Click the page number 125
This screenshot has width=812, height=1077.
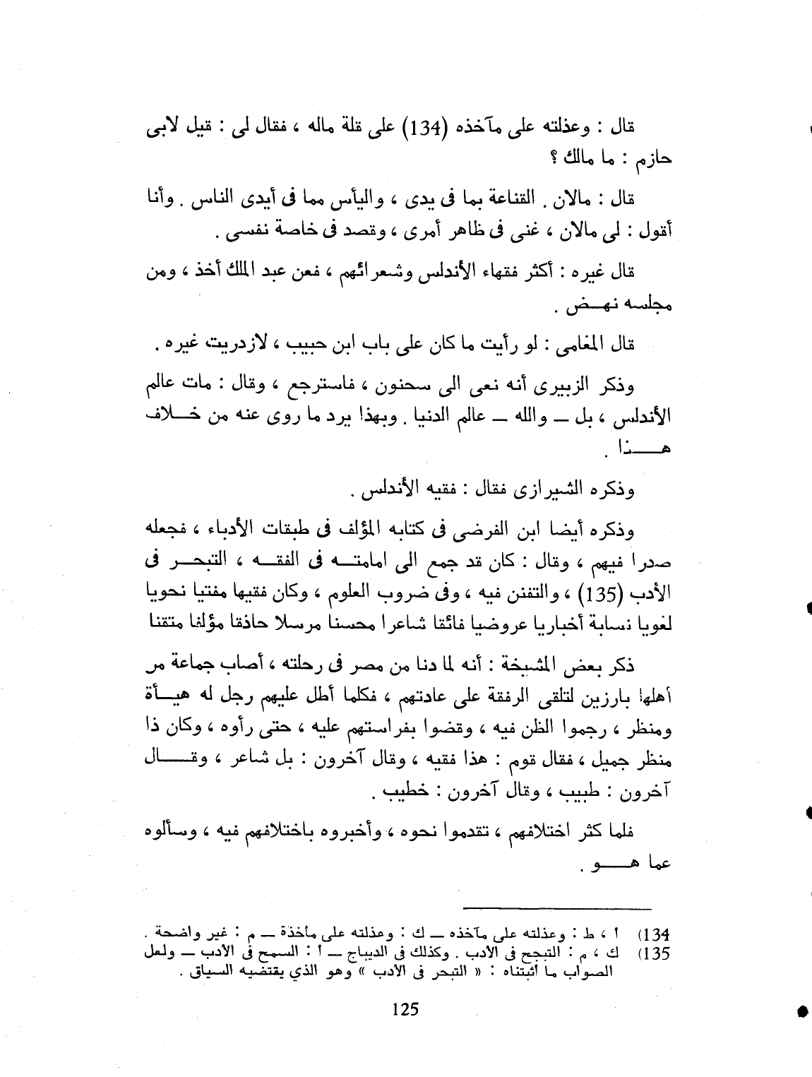click(x=405, y=1009)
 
